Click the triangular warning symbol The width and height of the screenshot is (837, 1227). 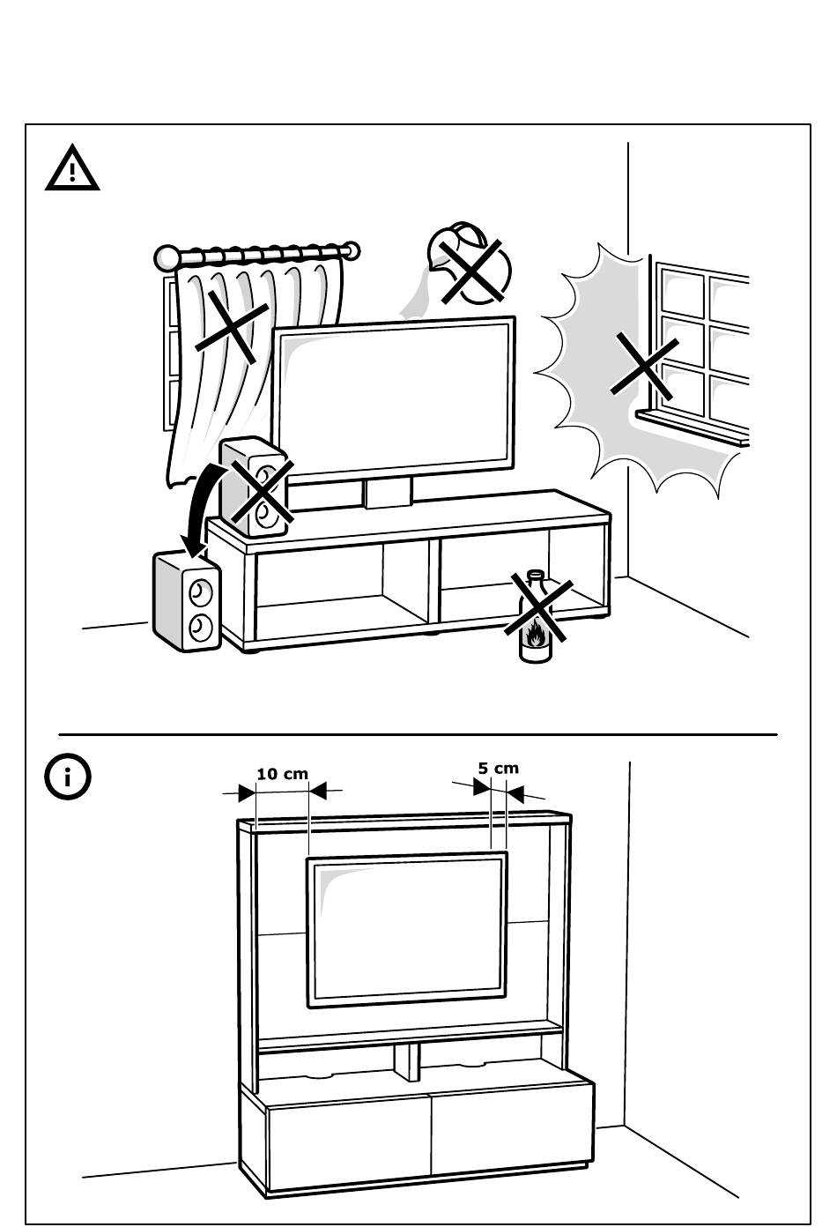[x=72, y=168]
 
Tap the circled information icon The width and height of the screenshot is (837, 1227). [x=68, y=777]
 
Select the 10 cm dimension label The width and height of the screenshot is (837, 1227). [x=283, y=774]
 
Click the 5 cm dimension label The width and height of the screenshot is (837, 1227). [x=498, y=768]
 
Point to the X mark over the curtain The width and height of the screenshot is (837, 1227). [x=232, y=326]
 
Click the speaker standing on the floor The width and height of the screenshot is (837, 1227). [x=187, y=601]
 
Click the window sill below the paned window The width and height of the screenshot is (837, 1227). [x=692, y=428]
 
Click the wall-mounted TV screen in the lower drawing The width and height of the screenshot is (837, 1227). [x=407, y=931]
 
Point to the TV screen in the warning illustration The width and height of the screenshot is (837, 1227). [x=394, y=400]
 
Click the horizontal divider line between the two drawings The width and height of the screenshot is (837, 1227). [x=418, y=734]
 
